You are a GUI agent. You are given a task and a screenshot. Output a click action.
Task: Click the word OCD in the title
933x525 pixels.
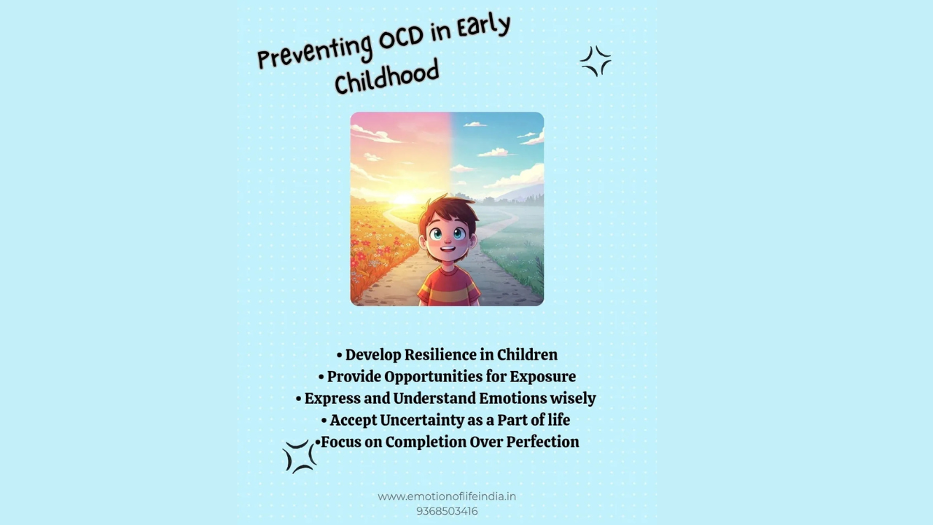[x=402, y=39]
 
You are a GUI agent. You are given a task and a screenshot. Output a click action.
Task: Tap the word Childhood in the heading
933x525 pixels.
[x=387, y=76]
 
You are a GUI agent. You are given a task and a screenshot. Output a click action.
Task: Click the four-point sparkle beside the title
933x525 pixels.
[x=596, y=61]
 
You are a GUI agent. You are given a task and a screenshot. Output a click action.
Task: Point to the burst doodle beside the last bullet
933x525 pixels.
[x=300, y=456]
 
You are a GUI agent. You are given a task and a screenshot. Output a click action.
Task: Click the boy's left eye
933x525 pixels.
[x=436, y=234]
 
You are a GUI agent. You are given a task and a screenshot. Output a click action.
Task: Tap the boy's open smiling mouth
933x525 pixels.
[x=448, y=249]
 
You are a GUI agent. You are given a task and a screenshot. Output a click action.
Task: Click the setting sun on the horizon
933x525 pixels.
[x=403, y=199]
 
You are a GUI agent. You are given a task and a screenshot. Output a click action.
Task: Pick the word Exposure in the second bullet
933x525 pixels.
[x=543, y=376]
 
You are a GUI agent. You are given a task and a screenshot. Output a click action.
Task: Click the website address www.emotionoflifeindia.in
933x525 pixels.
[x=447, y=497]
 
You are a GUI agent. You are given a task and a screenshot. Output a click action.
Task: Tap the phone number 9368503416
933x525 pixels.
[x=447, y=511]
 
